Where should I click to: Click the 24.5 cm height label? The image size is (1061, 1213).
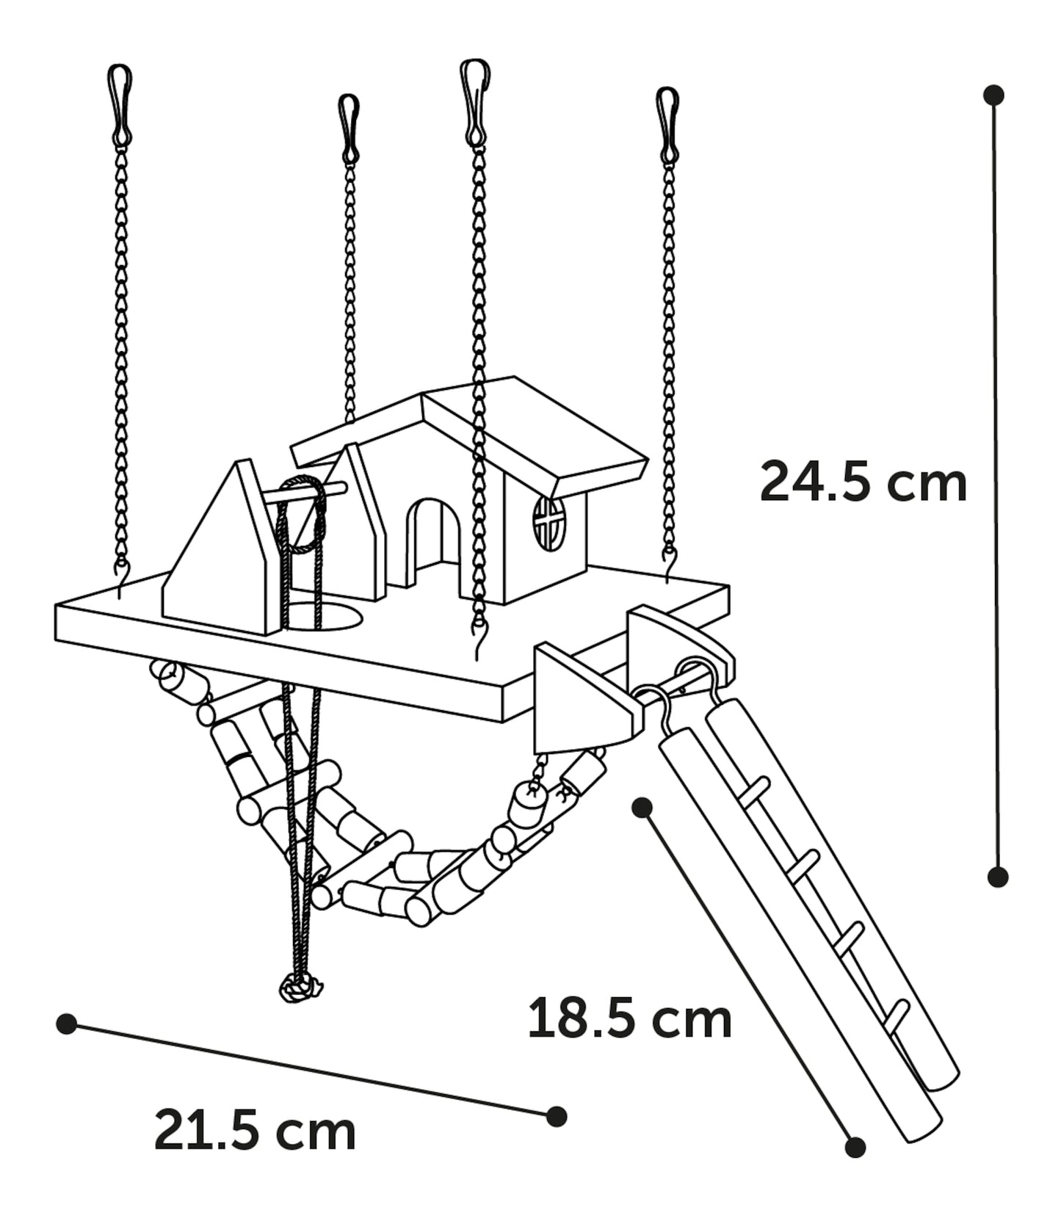tap(863, 482)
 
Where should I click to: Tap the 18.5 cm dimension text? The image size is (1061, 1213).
tap(630, 1018)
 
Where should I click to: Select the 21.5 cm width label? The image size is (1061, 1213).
tap(255, 1131)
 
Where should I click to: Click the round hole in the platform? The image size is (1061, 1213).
tap(323, 618)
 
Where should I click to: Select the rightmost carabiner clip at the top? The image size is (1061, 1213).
tap(668, 126)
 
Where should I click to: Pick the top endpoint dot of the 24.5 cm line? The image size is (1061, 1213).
tap(994, 95)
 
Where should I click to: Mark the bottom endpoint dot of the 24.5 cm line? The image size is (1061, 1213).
tap(997, 876)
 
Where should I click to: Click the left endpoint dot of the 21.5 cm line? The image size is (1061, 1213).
tap(67, 1024)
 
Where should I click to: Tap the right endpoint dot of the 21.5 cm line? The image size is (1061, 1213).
tap(557, 1116)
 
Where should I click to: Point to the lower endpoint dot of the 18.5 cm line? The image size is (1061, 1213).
tap(855, 1167)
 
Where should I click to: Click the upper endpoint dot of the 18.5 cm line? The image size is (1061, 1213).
tap(642, 808)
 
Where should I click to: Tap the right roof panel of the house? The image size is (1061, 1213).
tap(536, 433)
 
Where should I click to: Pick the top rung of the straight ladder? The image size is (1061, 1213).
tap(756, 792)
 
